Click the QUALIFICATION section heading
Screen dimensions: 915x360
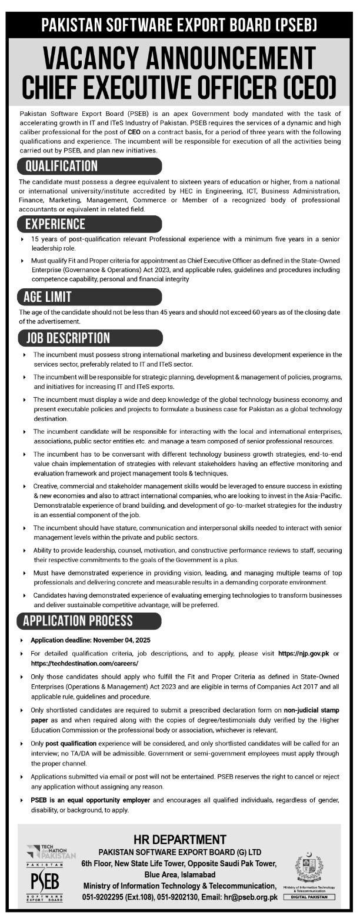click(61, 166)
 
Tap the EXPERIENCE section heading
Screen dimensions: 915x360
click(55, 224)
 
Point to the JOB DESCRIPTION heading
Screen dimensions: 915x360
click(68, 338)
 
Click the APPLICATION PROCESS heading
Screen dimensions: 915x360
click(78, 621)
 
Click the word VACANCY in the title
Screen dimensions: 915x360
click(100, 59)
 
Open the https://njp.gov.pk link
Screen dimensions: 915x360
click(302, 653)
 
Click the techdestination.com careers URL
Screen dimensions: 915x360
click(83, 663)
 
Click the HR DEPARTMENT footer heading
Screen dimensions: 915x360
click(179, 840)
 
